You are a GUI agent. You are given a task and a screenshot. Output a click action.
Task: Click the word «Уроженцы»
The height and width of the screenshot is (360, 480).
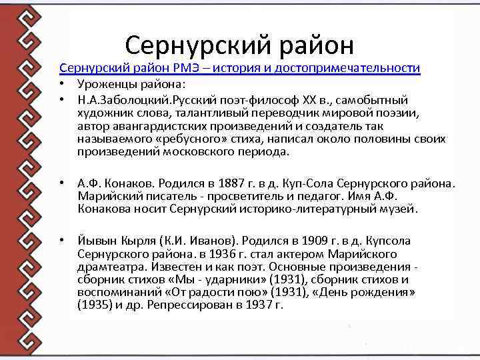(105, 85)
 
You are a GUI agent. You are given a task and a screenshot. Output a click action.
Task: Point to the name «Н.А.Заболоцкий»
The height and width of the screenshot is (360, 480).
(124, 99)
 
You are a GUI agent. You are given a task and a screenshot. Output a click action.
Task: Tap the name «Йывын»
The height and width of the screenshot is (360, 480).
(95, 241)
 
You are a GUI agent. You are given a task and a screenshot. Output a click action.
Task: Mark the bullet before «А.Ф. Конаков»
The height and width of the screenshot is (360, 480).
(61, 183)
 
